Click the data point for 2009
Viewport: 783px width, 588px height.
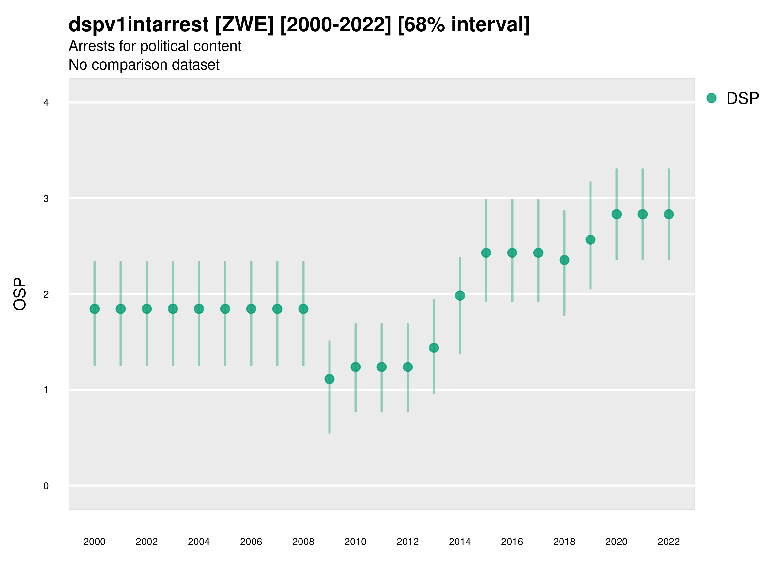[329, 379]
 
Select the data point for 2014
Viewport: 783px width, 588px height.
[460, 295]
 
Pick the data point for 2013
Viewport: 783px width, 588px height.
[434, 348]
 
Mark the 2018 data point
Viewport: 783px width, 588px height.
[564, 260]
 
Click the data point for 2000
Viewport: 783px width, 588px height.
[95, 309]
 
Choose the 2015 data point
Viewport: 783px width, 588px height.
[486, 253]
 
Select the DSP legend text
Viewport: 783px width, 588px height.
[742, 98]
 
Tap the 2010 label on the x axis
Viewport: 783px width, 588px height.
[355, 542]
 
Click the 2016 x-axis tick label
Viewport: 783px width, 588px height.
[512, 542]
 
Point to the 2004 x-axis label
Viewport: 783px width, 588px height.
[199, 542]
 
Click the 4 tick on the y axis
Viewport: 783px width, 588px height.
[46, 103]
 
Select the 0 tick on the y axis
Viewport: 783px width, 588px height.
[46, 486]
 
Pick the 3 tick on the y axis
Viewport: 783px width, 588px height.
[46, 199]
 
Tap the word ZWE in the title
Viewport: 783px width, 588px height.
[244, 25]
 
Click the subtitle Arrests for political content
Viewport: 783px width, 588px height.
[155, 46]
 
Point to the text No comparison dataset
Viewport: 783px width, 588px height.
[144, 65]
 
